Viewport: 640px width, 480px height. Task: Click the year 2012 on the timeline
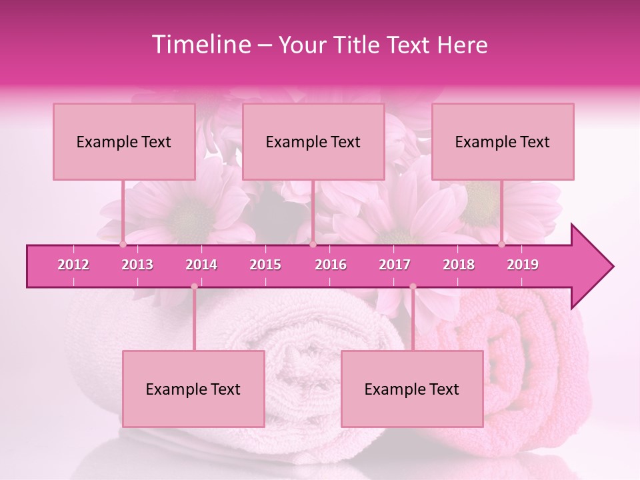pos(73,265)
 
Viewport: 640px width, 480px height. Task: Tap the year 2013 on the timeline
pos(137,265)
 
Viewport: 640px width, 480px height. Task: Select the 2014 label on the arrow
pos(201,265)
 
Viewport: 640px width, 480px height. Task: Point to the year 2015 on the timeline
pos(265,265)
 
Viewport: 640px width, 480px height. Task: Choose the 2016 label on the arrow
pos(331,265)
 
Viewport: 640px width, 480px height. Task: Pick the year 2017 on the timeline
pos(395,265)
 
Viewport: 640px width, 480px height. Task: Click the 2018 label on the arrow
pos(459,265)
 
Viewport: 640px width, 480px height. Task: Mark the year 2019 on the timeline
pos(523,265)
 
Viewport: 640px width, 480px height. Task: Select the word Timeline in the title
pos(200,45)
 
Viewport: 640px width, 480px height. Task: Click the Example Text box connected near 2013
pos(124,141)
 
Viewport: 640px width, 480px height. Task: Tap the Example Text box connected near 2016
pos(313,141)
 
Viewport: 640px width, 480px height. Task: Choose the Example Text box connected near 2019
pos(503,141)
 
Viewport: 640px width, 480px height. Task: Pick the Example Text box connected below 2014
pos(193,389)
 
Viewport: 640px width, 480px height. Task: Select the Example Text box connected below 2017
pos(412,389)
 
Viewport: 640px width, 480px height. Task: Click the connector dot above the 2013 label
pos(123,245)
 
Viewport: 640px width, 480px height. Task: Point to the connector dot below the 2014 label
pos(194,287)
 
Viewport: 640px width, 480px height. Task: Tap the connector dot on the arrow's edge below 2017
pos(413,287)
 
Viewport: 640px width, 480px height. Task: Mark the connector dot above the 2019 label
pos(502,245)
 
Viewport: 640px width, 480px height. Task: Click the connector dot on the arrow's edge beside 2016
pos(313,245)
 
